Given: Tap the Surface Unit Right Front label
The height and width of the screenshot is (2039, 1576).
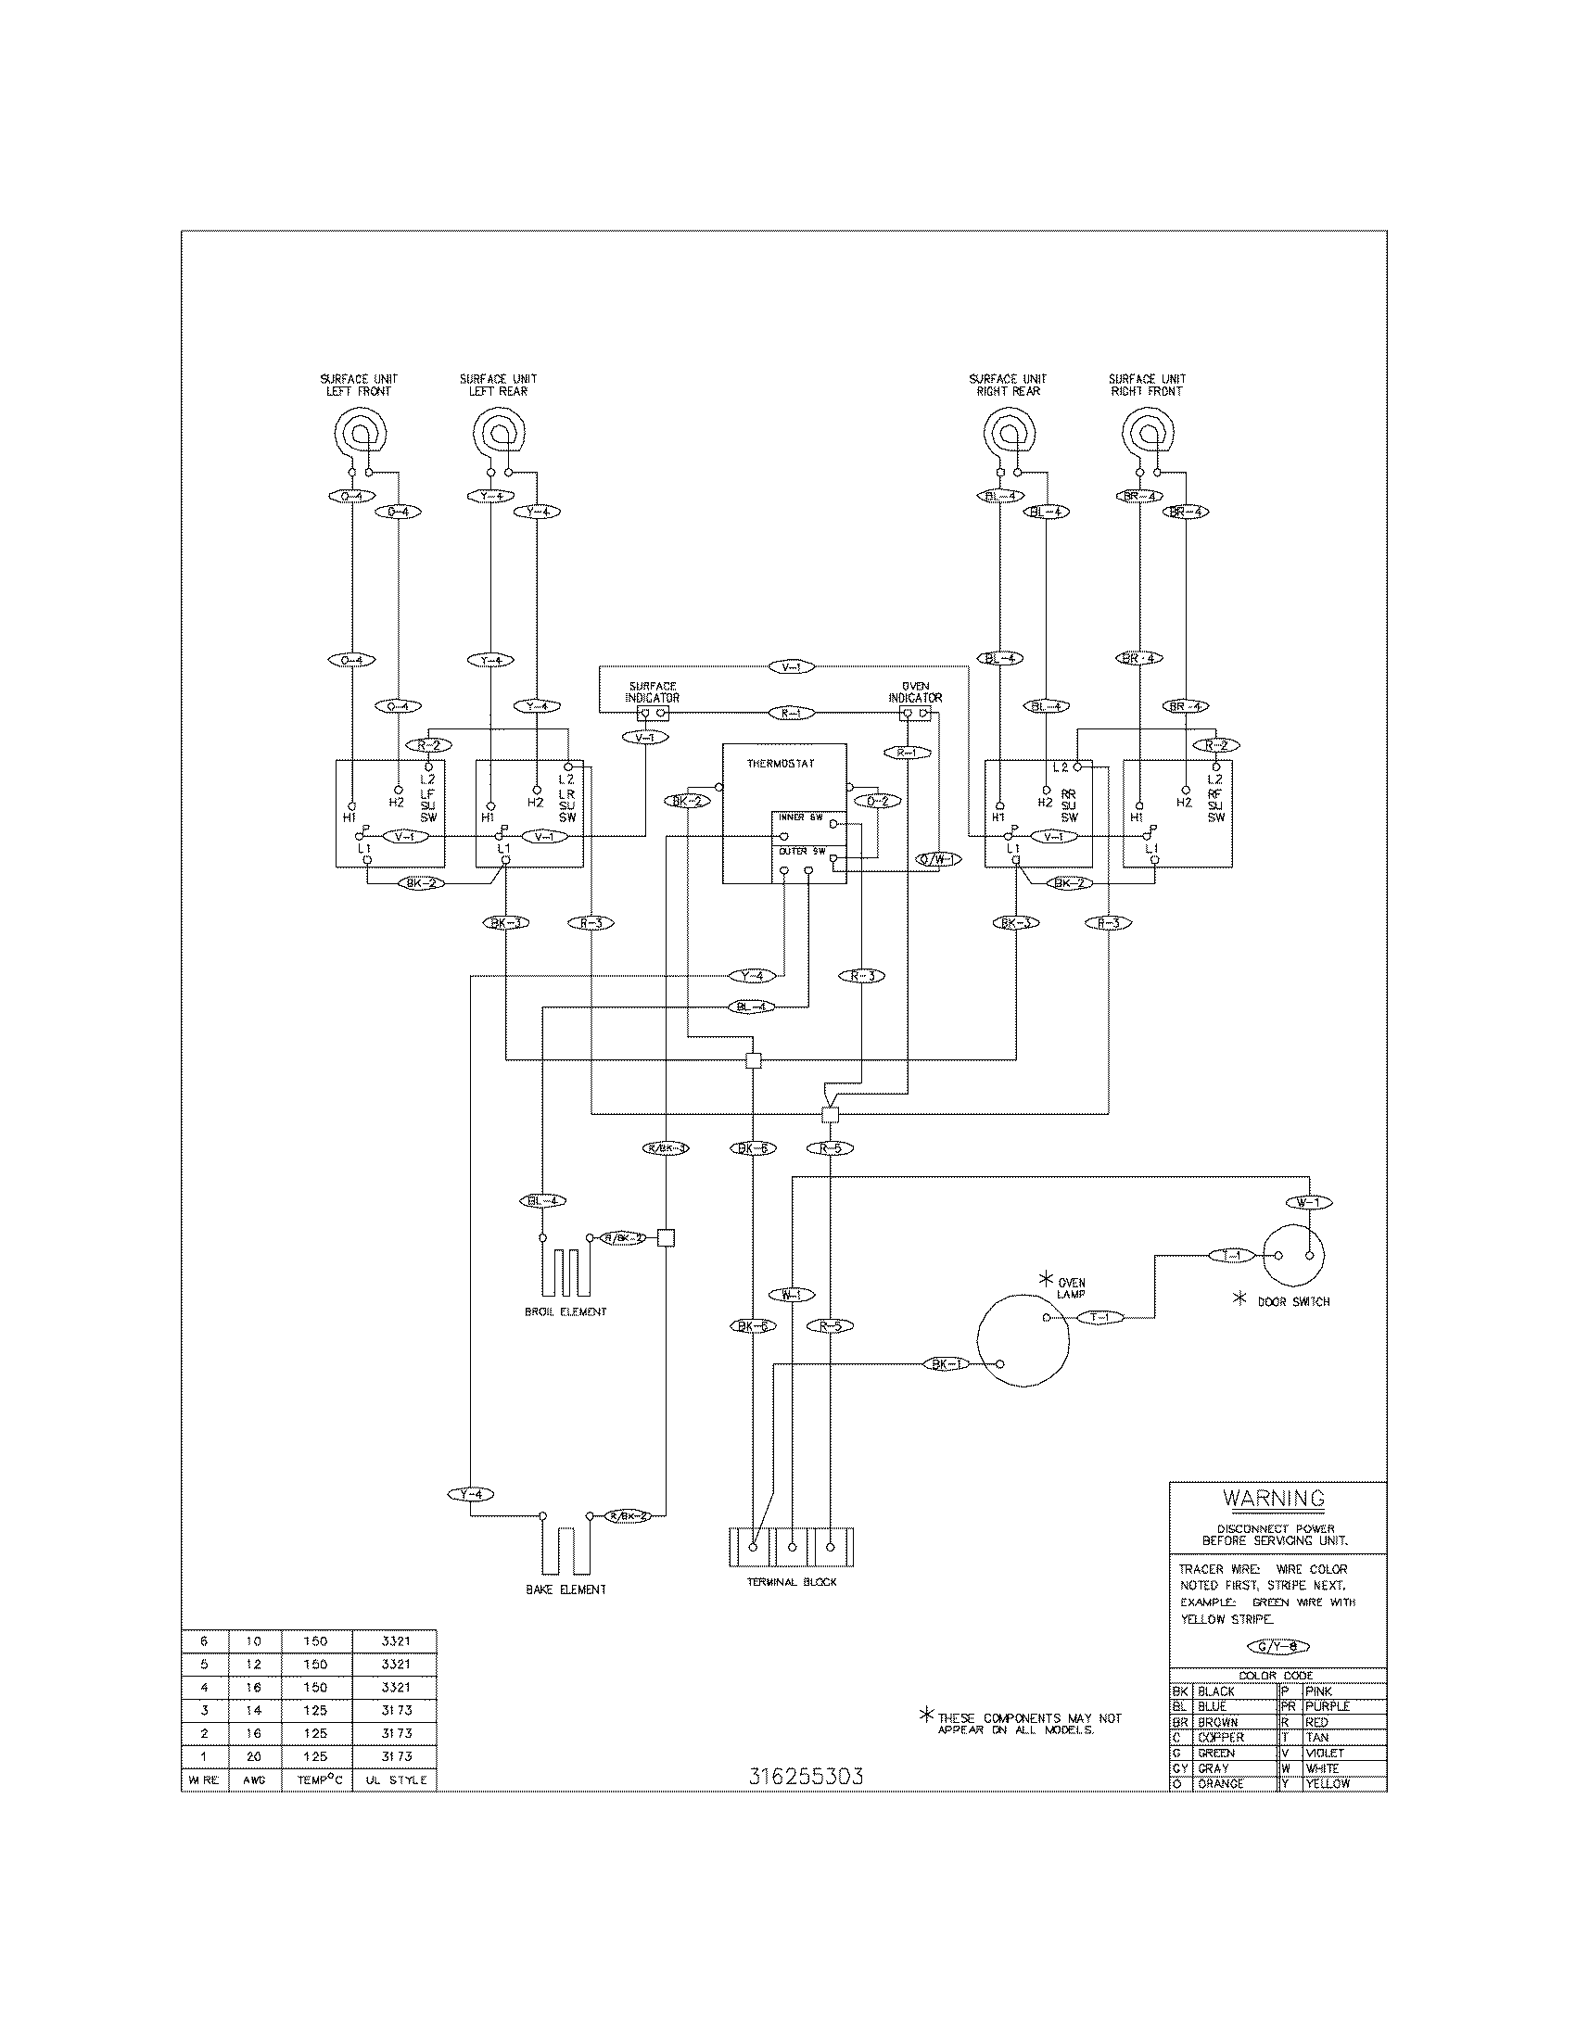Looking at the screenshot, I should pos(1147,385).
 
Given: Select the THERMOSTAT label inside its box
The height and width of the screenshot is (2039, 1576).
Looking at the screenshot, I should pos(781,764).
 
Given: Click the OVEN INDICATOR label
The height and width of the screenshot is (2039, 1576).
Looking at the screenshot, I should pos(915,691).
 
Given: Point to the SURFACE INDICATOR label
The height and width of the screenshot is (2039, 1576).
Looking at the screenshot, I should pos(653,691).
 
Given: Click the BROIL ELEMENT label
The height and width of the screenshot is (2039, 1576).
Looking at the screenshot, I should pos(565,1311).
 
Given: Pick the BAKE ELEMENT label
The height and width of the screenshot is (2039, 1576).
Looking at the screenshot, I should pos(565,1589).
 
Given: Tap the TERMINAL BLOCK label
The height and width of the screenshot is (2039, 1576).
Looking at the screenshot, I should pos(792,1582).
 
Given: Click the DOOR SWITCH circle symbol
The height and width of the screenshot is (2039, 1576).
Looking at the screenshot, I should pos(1293,1257).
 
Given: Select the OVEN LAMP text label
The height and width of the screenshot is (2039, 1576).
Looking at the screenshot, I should pos(1071,1288).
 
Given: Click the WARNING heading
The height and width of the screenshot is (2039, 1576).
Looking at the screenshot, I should pos(1274,1499).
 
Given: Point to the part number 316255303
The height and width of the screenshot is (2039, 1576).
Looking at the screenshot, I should pos(806,1777).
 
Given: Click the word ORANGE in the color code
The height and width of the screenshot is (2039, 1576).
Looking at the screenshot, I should pos(1220,1783).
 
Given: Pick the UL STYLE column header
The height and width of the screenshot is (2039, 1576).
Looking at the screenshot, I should pos(395,1780).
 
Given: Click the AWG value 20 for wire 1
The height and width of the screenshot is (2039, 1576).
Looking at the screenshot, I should pos(253,1756).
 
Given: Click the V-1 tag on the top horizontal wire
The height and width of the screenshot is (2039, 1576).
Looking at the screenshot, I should pos(791,666).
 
